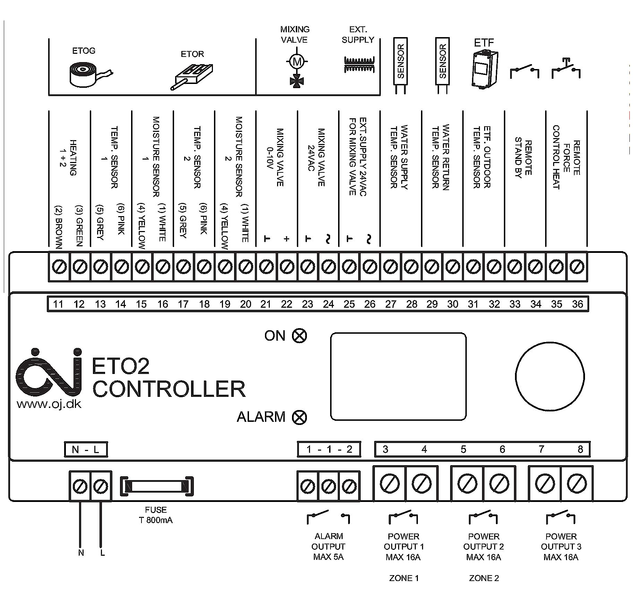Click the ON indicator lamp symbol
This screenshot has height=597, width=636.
point(299,336)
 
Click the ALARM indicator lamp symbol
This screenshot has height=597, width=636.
point(299,417)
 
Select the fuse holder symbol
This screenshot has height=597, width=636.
point(157,486)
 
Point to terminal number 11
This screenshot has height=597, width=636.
point(58,304)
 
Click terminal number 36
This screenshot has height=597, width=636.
point(577,304)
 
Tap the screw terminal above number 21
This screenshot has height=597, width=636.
point(266,267)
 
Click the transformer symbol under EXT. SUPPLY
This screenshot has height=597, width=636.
point(359,64)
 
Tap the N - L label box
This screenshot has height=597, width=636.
point(86,449)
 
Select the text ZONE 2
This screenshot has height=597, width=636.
point(484,578)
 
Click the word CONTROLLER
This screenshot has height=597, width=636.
point(169,389)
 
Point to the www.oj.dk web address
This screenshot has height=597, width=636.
point(49,404)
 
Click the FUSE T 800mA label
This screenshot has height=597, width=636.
point(156,515)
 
